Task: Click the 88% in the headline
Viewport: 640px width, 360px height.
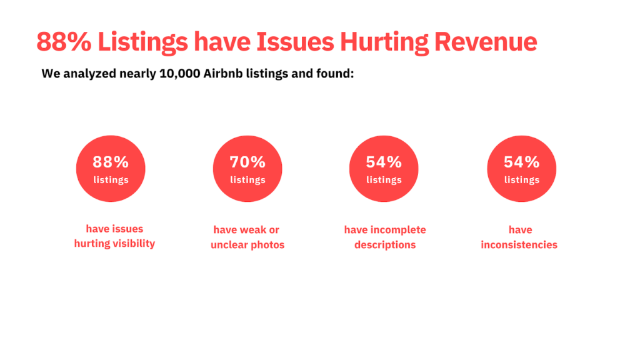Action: tap(63, 42)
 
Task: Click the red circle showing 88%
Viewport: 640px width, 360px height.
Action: tap(111, 169)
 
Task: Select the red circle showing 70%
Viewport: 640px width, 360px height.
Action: tap(247, 169)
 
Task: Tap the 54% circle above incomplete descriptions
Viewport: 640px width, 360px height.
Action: tap(384, 169)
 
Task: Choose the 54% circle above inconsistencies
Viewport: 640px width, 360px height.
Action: tap(521, 169)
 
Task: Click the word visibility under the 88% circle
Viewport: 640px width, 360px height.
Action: tap(132, 244)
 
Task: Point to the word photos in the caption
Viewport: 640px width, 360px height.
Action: tap(267, 245)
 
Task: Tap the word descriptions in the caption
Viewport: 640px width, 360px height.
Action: tap(385, 245)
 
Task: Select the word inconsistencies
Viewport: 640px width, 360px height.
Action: tap(519, 245)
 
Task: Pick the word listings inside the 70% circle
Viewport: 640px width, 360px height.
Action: tap(247, 180)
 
